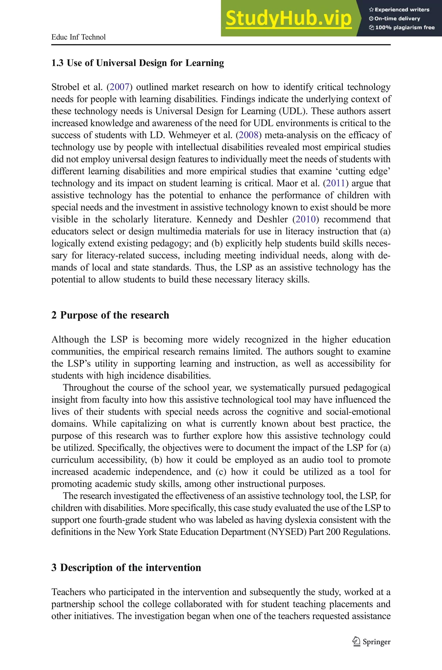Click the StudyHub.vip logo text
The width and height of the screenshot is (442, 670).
[x=288, y=18]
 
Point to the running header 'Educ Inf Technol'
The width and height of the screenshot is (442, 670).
[x=78, y=37]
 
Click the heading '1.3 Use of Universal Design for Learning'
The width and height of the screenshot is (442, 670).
[x=137, y=63]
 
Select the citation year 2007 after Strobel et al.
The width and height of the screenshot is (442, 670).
[x=119, y=87]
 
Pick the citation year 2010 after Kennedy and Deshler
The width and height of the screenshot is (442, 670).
[x=306, y=219]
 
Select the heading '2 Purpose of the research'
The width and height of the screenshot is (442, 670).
[x=110, y=315]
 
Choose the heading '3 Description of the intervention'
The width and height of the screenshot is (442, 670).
[x=126, y=568]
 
